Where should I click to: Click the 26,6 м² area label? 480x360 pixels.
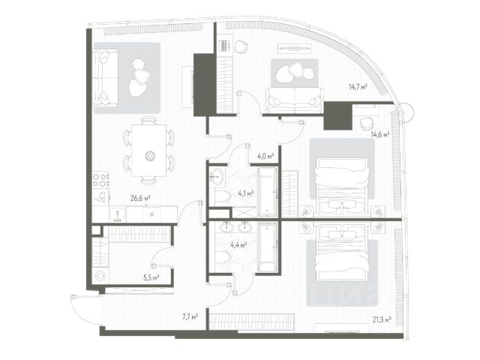tap(140, 199)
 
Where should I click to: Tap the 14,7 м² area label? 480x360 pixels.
tap(358, 88)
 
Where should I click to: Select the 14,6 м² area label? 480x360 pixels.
tap(380, 135)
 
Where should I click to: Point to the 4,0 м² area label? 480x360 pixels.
tap(265, 157)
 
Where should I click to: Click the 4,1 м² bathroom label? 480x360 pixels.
tap(245, 193)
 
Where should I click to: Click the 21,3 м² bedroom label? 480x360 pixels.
tap(382, 321)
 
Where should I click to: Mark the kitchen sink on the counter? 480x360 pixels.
tap(118, 214)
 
